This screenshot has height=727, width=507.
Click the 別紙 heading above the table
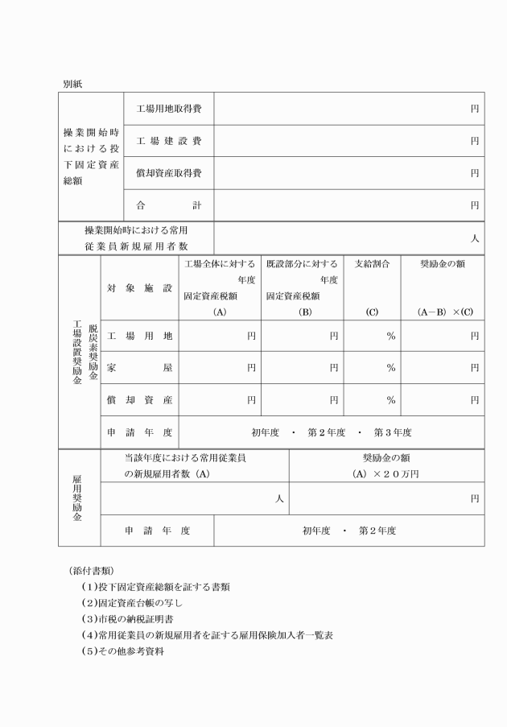click(x=73, y=83)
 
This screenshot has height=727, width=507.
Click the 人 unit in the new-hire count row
click(x=475, y=238)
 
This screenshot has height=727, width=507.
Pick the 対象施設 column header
click(x=139, y=287)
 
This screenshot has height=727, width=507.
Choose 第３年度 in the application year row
click(x=392, y=432)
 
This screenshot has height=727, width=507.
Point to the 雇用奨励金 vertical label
click(x=78, y=498)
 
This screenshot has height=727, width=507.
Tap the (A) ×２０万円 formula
click(x=386, y=474)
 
